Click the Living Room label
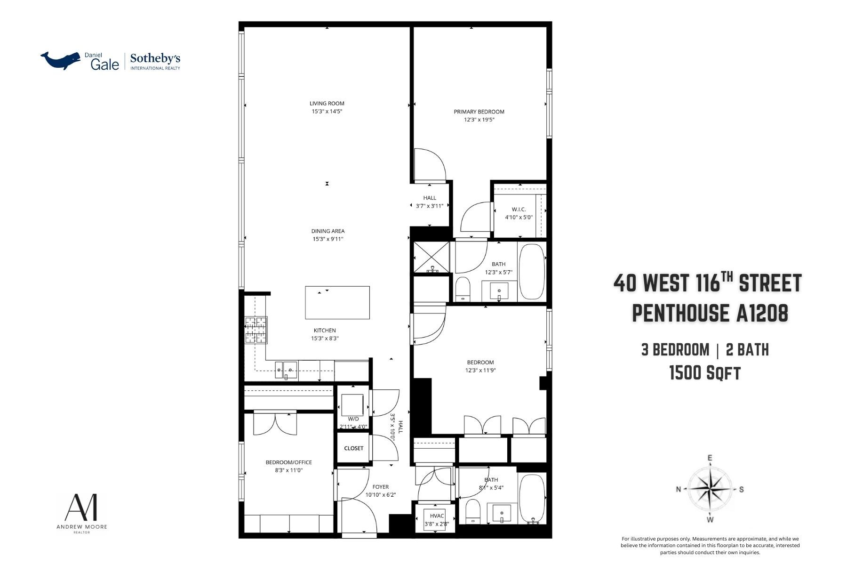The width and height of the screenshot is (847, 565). pos(327,104)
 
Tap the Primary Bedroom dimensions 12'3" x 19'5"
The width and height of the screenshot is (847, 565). pos(479,120)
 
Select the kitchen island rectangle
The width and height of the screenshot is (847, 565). pos(337,302)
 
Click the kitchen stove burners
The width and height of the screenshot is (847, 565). pos(256,330)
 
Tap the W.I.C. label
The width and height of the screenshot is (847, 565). pos(519,210)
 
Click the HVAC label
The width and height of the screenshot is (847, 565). pos(437,516)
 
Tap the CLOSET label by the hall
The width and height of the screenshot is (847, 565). pos(353,448)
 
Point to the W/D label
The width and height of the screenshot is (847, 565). pos(353,419)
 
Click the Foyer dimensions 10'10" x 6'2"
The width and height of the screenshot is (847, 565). pos(380,495)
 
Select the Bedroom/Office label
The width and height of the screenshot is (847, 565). pos(288,462)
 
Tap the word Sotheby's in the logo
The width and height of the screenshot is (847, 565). pos(155,59)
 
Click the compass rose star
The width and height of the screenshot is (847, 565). pos(710,489)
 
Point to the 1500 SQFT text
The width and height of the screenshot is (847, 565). pos(704,373)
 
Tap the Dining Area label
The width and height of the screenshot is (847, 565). pos(328,231)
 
